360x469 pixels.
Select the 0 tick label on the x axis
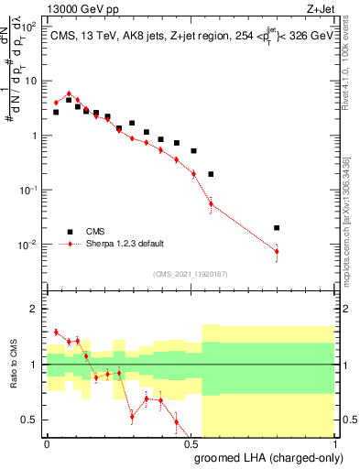tap(47, 443)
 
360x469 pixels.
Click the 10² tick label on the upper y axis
tap(29, 27)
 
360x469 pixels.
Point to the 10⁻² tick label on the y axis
tap(29, 245)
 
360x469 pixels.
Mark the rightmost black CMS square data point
tap(277, 227)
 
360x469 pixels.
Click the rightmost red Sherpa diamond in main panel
tap(277, 251)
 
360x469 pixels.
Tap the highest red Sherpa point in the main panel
tap(69, 93)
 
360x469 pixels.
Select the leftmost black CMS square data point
tap(56, 112)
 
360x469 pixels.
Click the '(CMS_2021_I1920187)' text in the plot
tap(189, 274)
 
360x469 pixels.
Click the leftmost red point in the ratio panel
tap(56, 332)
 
